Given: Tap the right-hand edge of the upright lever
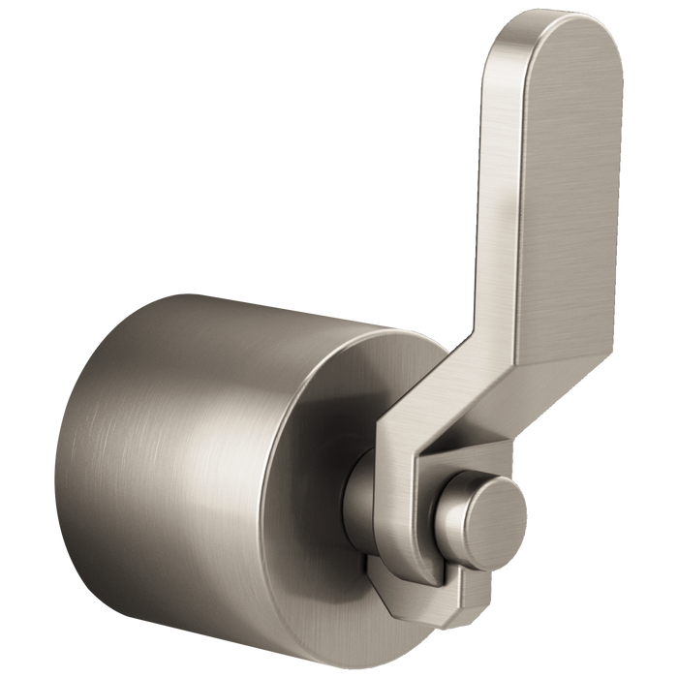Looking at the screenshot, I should (621, 194).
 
